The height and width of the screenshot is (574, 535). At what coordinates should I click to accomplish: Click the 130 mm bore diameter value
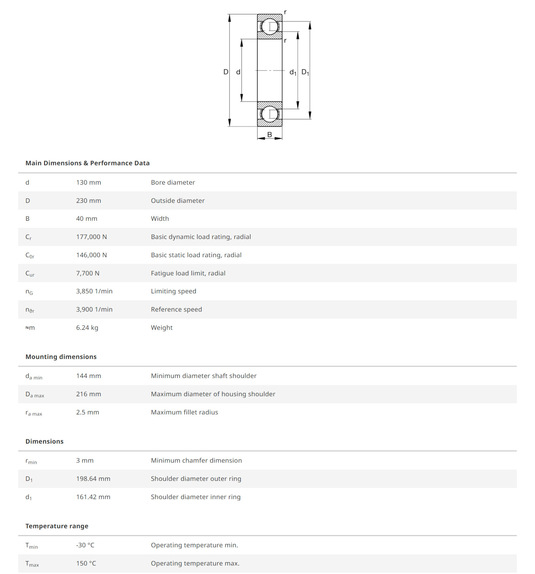88,183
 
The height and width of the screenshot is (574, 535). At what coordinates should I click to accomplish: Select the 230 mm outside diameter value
88,201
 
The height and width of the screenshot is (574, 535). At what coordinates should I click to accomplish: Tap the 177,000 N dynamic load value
91,237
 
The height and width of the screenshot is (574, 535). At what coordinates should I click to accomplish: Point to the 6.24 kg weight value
87,328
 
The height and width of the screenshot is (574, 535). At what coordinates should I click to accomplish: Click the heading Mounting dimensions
61,357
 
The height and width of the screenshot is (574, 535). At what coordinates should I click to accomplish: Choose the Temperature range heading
57,526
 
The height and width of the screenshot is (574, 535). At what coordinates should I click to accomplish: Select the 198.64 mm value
93,479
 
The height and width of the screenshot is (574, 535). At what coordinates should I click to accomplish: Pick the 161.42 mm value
93,497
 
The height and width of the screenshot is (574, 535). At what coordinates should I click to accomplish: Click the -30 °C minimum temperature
85,545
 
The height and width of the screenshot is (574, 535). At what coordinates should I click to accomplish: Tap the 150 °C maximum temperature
86,563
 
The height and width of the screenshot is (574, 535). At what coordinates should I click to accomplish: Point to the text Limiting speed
173,291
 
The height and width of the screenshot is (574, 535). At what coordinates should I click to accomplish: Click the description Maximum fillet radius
184,412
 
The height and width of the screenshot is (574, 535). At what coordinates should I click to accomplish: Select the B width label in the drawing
270,135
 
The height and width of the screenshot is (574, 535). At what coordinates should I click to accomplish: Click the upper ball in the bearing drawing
269,26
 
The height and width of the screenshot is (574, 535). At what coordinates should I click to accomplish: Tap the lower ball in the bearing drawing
269,114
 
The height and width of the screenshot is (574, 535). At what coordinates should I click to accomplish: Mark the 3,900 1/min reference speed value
94,309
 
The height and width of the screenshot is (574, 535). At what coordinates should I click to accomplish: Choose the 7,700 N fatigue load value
88,273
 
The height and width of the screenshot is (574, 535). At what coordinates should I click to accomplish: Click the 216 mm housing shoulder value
88,394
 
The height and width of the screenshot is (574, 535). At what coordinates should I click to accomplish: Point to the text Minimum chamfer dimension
196,460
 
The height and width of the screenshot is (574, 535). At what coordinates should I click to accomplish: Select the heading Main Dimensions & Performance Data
87,163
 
